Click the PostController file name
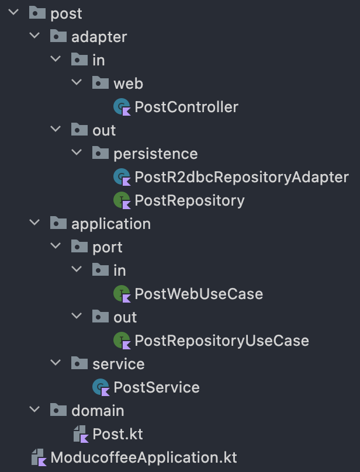[186, 107]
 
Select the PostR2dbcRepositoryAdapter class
[241, 177]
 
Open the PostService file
[156, 387]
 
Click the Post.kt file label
[117, 434]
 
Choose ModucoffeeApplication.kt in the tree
[144, 457]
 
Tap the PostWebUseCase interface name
[199, 294]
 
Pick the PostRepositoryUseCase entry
[221, 341]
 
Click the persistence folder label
[155, 154]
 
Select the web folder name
[129, 84]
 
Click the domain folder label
[98, 411]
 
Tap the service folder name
[118, 364]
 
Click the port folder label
[108, 247]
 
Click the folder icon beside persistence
[101, 154]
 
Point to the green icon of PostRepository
[122, 200]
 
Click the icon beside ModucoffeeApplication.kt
[38, 457]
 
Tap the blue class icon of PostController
[122, 107]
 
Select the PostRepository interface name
[189, 200]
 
